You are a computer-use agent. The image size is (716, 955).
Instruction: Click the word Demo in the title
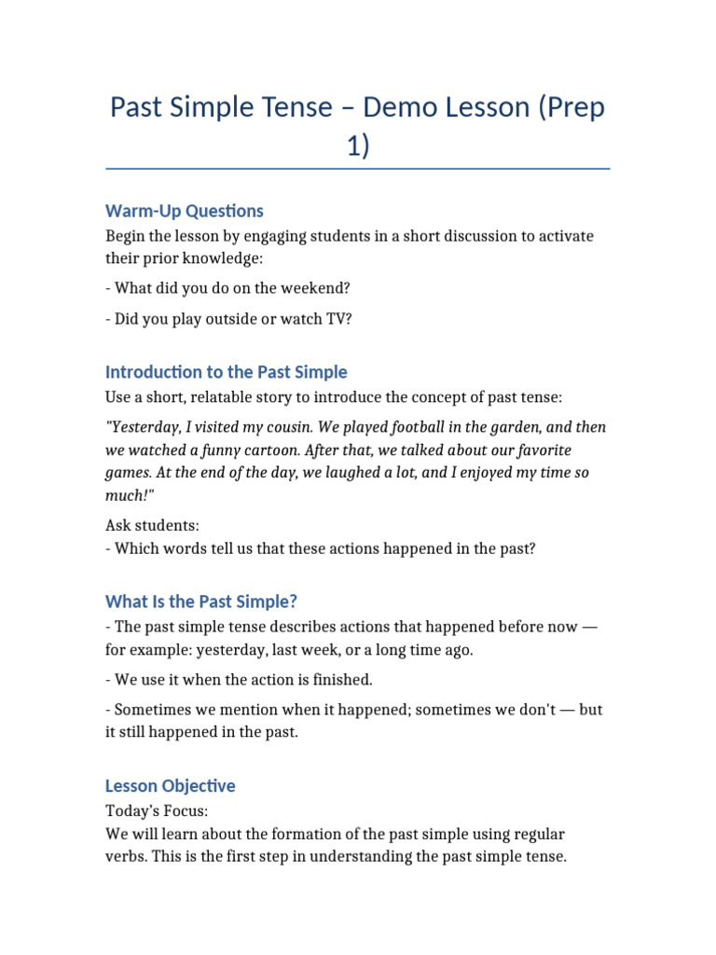(402, 107)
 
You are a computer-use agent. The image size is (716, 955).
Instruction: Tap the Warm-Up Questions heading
(185, 211)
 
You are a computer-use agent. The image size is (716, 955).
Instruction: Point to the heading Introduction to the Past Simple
(227, 372)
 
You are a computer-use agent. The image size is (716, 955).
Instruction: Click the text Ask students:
(153, 526)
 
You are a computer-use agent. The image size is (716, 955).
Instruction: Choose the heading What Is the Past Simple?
(201, 602)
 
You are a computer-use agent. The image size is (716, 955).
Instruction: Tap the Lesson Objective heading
(171, 785)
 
